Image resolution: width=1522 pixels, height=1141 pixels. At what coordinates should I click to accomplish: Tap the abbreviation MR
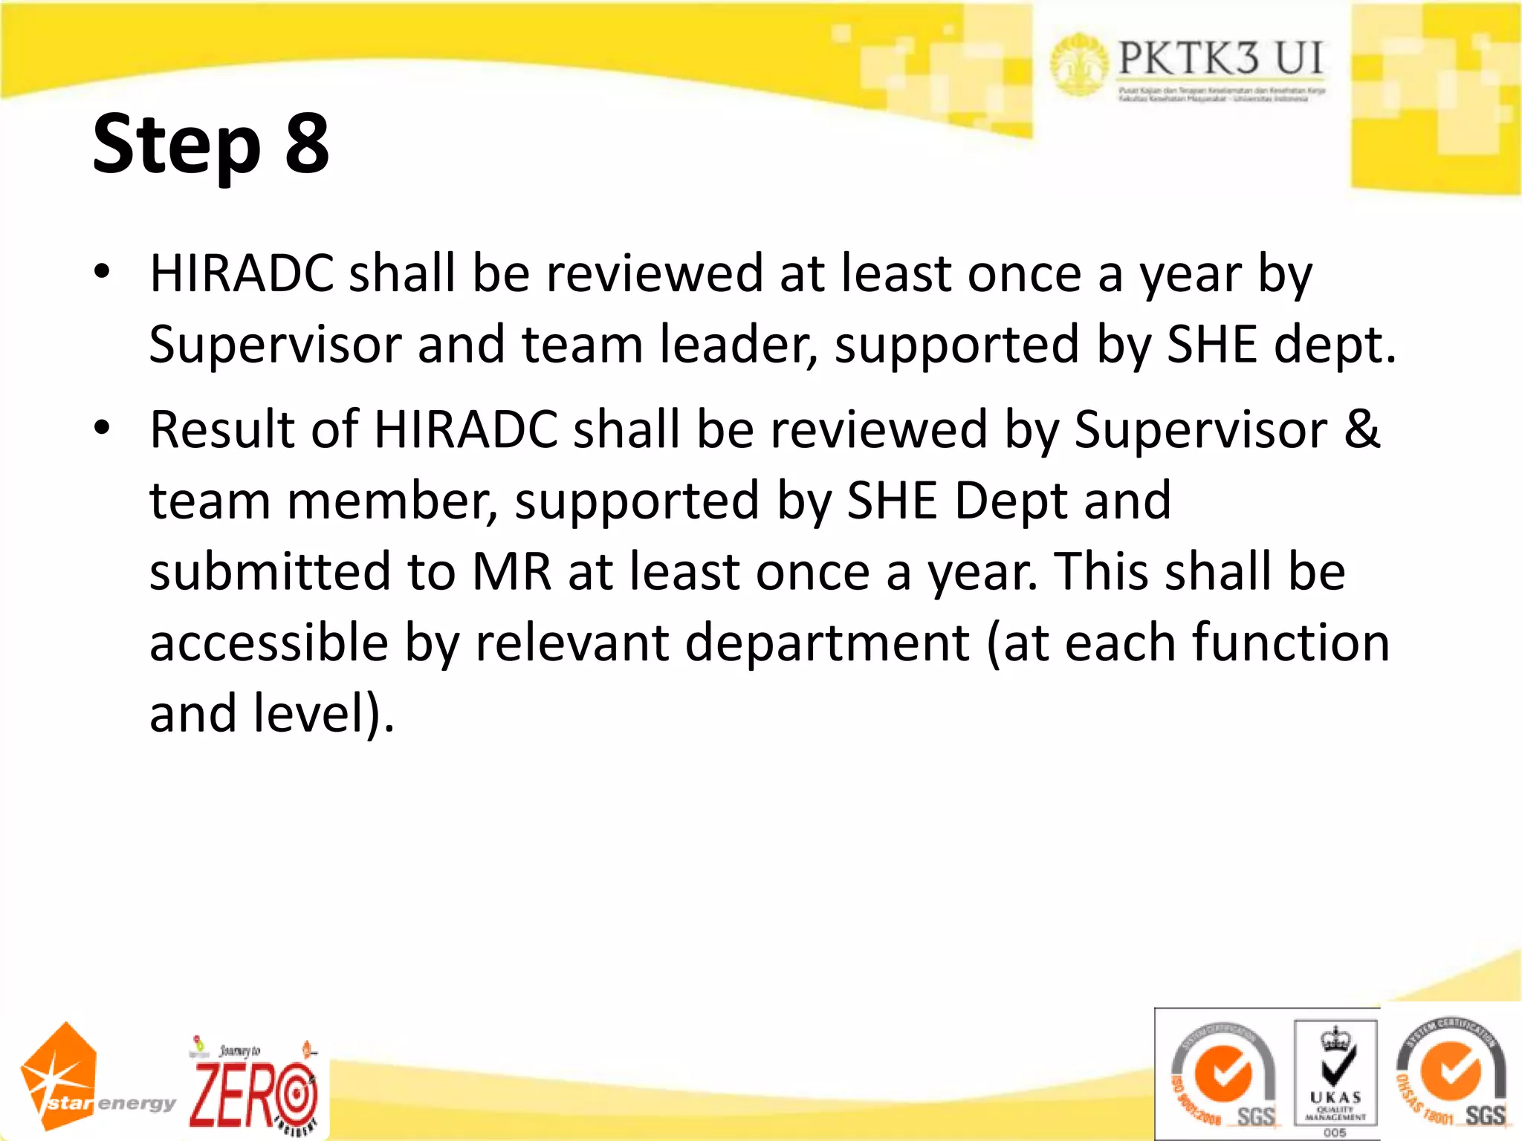(x=512, y=571)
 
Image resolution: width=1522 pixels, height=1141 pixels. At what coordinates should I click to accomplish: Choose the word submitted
(x=270, y=571)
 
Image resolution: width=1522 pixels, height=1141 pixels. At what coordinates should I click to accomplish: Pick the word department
(x=827, y=643)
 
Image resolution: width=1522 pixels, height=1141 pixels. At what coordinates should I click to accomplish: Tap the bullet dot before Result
(x=102, y=428)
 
